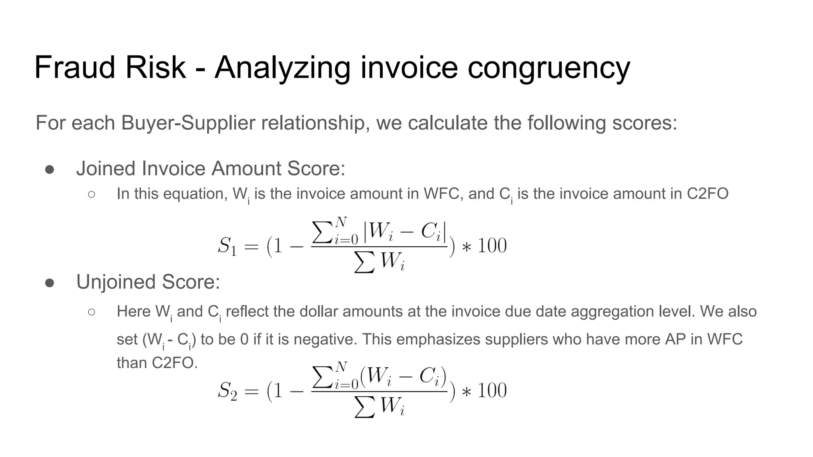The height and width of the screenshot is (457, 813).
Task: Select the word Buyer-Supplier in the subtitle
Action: (188, 123)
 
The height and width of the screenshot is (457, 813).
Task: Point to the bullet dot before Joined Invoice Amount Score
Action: (50, 169)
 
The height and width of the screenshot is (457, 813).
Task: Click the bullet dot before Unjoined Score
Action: (50, 283)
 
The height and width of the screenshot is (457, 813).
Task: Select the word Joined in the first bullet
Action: (106, 169)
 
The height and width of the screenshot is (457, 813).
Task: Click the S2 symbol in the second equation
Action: (227, 391)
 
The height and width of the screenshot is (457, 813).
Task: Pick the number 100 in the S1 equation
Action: (492, 246)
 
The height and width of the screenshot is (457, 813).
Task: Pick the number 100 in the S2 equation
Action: (492, 390)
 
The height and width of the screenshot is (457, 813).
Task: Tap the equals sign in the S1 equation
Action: (251, 247)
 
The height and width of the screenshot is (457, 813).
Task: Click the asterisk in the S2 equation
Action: (466, 392)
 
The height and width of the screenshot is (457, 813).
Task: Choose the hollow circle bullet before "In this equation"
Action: (91, 194)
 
